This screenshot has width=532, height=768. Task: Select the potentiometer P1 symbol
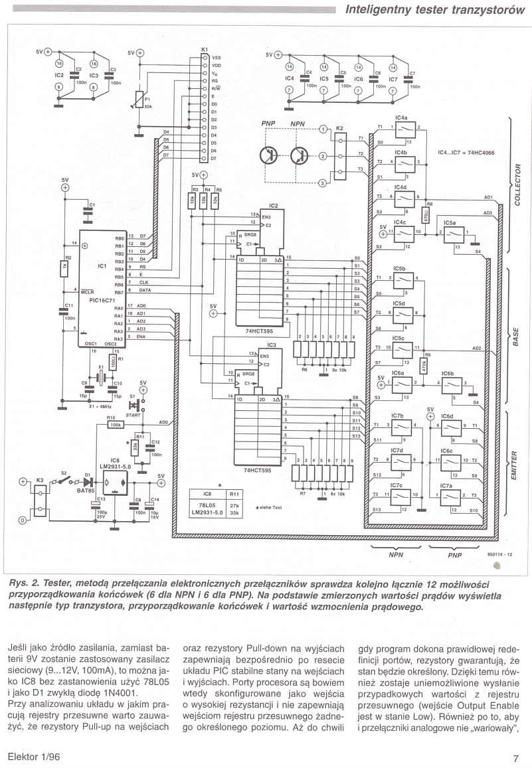pyautogui.click(x=137, y=100)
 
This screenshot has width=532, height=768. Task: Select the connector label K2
pyautogui.click(x=340, y=127)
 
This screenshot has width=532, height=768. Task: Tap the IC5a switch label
pyautogui.click(x=450, y=222)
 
